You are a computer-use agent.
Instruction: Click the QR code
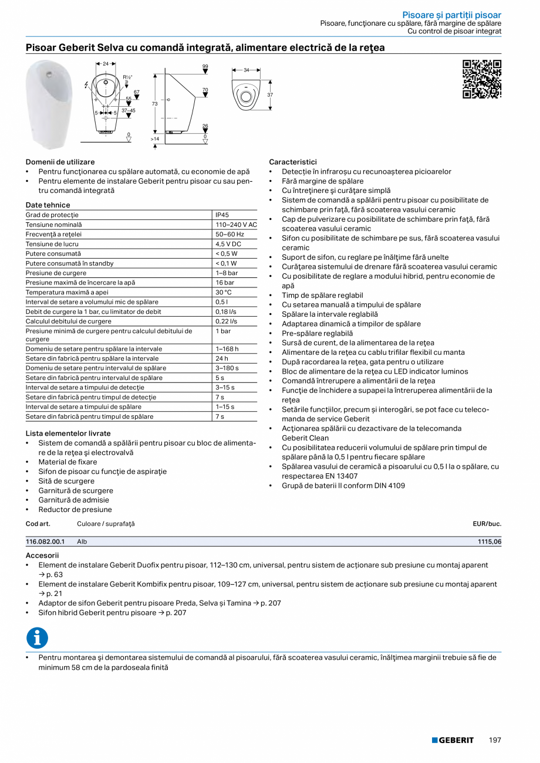482,79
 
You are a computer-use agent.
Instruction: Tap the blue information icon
37,637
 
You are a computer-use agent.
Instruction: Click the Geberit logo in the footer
453,740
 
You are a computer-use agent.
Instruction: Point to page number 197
495,740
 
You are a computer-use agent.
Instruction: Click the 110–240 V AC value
235,225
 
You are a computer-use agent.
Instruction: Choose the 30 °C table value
224,292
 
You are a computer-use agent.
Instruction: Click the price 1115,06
490,542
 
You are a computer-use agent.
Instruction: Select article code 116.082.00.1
45,542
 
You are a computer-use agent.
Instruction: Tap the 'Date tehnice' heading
48,205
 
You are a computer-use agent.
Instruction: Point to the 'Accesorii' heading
42,555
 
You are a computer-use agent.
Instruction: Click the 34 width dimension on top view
247,70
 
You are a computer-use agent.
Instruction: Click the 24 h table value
222,358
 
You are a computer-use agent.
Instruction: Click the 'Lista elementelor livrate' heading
68,433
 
